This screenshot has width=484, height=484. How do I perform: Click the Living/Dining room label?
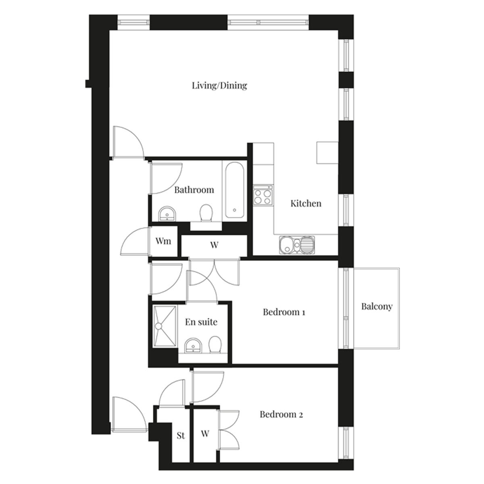pos(219,86)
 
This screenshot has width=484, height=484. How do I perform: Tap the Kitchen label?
pos(306,203)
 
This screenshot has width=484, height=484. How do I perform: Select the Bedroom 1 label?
pos(284,312)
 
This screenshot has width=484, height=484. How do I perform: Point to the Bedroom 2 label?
pos(281,415)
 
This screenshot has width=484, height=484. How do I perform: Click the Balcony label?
pos(377,307)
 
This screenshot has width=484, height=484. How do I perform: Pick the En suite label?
pos(201,322)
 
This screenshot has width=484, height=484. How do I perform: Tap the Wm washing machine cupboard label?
pos(163,241)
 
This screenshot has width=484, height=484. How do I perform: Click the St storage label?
pos(181,435)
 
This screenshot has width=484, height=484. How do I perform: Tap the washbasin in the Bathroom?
pos(167,214)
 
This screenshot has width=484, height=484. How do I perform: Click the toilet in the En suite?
pos(215,345)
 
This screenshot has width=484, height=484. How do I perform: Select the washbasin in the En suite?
pos(193,346)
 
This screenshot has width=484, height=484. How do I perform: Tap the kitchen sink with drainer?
pos(296,245)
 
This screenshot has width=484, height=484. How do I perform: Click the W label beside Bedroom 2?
pos(205,434)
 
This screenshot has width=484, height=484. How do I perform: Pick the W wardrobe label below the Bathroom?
pos(214,245)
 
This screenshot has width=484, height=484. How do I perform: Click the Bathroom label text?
pos(194,190)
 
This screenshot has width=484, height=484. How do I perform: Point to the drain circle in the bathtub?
pos(235,210)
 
